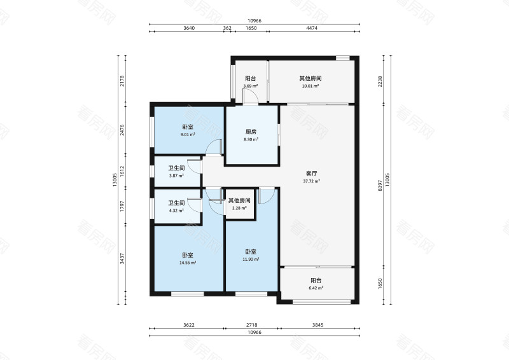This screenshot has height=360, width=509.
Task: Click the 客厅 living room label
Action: tap(311, 174)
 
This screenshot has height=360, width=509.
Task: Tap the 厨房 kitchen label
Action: tap(251, 132)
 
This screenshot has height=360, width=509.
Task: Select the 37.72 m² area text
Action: tap(311, 181)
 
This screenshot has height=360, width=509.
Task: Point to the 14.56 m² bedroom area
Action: tap(188, 263)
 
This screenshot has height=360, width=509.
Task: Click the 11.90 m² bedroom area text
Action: tap(251, 259)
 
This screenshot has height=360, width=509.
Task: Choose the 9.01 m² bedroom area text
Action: tap(188, 134)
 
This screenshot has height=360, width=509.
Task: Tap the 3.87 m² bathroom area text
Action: tap(176, 176)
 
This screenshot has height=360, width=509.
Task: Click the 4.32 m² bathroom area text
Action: tap(176, 211)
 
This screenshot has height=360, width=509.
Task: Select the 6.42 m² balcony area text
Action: tap(316, 288)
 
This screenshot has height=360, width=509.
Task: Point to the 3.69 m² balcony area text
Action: tap(251, 86)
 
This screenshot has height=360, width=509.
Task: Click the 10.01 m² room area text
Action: tap(310, 86)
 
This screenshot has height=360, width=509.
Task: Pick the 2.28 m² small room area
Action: tap(239, 208)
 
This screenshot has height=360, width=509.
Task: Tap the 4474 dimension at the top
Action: tap(312, 28)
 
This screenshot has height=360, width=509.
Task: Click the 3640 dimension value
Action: tap(189, 28)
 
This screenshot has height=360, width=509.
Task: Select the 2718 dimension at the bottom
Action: tap(251, 324)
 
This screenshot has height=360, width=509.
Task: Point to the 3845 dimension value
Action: tap(317, 324)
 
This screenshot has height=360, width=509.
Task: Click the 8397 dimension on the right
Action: tap(380, 186)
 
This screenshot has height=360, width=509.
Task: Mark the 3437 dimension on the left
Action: tap(122, 259)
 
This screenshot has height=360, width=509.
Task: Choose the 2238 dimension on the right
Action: tap(380, 81)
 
